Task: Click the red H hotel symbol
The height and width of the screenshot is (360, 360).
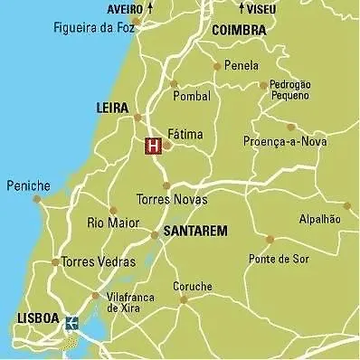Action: pyautogui.click(x=153, y=145)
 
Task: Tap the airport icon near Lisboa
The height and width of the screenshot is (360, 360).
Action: pyautogui.click(x=72, y=321)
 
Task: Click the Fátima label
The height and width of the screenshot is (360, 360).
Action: pyautogui.click(x=185, y=135)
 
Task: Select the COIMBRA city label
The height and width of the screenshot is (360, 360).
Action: pyautogui.click(x=238, y=30)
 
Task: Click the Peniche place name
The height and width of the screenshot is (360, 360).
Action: pyautogui.click(x=28, y=185)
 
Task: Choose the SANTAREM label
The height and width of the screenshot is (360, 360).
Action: pyautogui.click(x=195, y=232)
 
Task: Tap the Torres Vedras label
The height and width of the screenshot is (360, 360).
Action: pyautogui.click(x=99, y=262)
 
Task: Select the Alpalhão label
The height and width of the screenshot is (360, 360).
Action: pyautogui.click(x=319, y=219)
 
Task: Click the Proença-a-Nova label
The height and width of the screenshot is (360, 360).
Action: pyautogui.click(x=286, y=141)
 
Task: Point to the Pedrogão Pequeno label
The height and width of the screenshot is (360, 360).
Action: pyautogui.click(x=291, y=90)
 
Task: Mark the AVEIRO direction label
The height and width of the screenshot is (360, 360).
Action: pyautogui.click(x=125, y=9)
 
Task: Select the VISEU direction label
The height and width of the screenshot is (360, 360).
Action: pyautogui.click(x=259, y=9)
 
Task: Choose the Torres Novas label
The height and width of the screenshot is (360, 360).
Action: pyautogui.click(x=171, y=199)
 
